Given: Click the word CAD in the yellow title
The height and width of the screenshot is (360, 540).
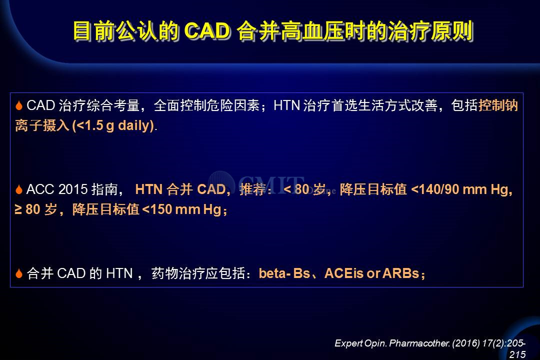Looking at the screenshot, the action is [207, 31].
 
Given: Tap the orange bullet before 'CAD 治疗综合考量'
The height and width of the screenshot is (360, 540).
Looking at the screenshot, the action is [19, 105].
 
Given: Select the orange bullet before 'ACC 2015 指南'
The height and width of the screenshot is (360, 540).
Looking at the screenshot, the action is [19, 189].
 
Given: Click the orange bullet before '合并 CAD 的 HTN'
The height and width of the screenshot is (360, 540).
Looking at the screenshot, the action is [19, 273].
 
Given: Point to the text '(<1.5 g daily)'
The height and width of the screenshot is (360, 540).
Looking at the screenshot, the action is [113, 125].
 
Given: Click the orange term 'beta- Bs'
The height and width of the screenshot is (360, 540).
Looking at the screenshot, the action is [284, 273].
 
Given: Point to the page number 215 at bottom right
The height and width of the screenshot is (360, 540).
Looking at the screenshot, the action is [517, 354].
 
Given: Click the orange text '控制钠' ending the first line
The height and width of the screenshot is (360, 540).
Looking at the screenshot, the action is [498, 105].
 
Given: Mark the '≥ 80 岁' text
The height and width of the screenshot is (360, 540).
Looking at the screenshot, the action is [36, 209].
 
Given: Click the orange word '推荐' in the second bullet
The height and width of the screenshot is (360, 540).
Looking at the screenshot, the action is [253, 189].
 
